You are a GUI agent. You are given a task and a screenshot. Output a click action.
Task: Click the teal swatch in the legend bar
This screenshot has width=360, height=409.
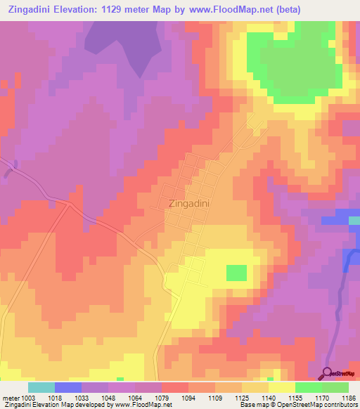[x=41, y=387]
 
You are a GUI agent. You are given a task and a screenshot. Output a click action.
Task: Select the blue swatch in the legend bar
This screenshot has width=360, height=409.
[x=68, y=387]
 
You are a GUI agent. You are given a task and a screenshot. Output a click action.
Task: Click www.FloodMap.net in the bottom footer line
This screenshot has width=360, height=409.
[x=141, y=405]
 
